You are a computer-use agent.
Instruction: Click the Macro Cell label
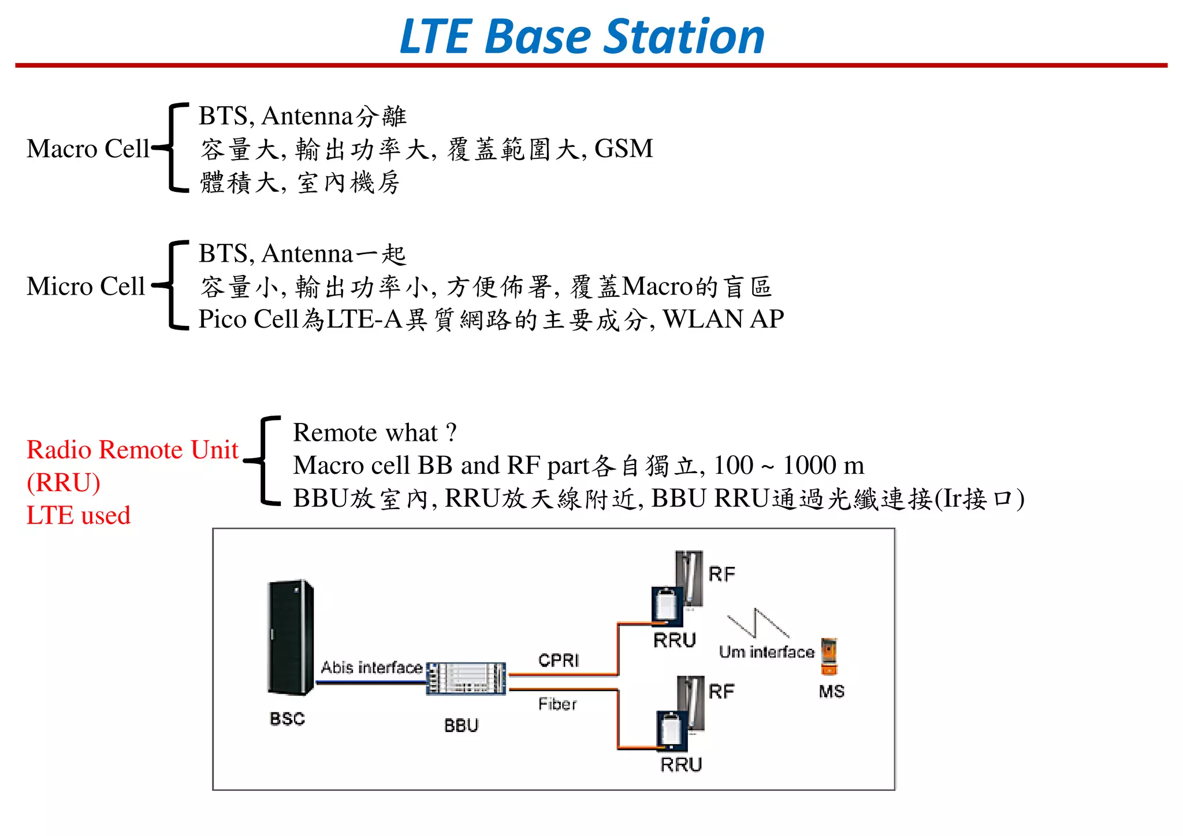(x=88, y=148)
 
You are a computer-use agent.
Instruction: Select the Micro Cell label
(x=85, y=286)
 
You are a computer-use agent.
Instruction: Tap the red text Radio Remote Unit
(x=132, y=449)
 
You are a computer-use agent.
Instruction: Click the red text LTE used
(x=79, y=515)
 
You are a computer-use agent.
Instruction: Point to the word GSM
(x=623, y=148)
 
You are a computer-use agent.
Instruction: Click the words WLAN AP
(x=723, y=319)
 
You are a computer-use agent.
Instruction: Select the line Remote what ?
(x=375, y=432)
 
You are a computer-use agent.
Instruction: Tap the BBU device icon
(x=466, y=679)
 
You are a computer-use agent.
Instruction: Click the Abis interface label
(x=371, y=667)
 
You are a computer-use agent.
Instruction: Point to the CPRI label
(x=558, y=660)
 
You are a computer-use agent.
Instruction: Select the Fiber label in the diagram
(x=557, y=704)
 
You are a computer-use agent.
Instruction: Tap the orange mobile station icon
(x=829, y=656)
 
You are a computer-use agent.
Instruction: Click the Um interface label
(x=766, y=652)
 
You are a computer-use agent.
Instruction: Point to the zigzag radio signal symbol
(x=758, y=623)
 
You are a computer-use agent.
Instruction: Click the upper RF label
(x=721, y=574)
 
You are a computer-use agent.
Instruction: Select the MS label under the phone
(x=831, y=691)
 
